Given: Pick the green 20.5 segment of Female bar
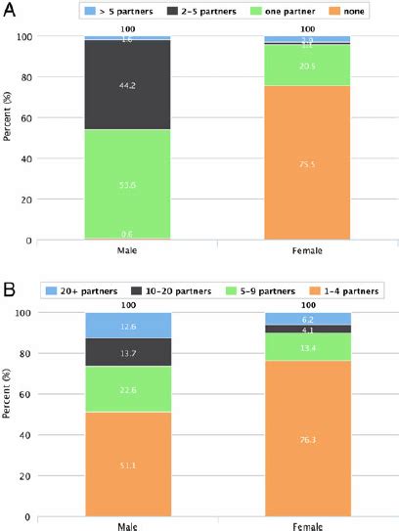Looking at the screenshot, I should [306, 66].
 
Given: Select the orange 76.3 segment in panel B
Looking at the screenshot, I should [306, 439].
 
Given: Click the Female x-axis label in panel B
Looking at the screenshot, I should [306, 525].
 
